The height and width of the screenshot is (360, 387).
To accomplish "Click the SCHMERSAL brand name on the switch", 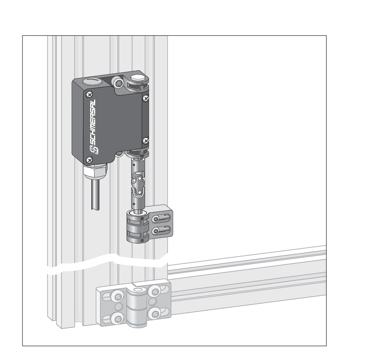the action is pyautogui.click(x=92, y=122).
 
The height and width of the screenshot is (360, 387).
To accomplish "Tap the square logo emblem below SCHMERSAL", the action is pyautogui.click(x=94, y=149).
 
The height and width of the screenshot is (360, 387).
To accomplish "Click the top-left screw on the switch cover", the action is pyautogui.click(x=90, y=94).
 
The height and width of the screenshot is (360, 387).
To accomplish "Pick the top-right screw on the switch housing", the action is pyautogui.click(x=146, y=99).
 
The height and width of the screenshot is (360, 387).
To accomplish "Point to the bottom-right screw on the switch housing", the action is pyautogui.click(x=146, y=141).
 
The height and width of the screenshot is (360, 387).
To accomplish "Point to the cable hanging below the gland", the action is pyautogui.click(x=95, y=195).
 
